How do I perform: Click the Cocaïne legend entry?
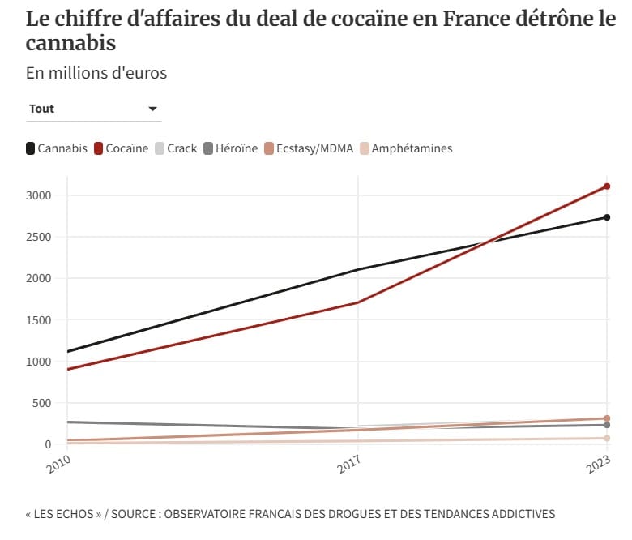click(x=122, y=148)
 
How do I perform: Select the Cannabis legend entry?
click(x=57, y=148)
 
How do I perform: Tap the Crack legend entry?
click(x=176, y=148)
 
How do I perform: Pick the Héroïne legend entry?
click(x=231, y=148)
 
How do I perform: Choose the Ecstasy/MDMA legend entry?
click(x=309, y=148)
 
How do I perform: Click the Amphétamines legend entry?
click(x=406, y=148)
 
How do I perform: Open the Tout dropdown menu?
click(x=93, y=109)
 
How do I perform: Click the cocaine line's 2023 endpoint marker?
click(x=607, y=186)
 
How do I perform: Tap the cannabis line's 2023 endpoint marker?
click(x=607, y=217)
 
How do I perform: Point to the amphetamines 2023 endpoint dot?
click(x=607, y=439)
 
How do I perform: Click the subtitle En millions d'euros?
click(x=96, y=73)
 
